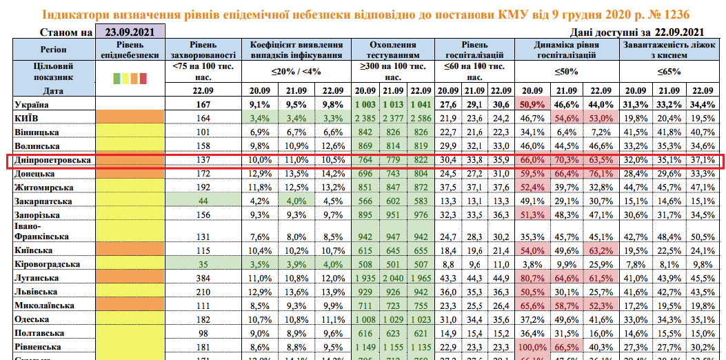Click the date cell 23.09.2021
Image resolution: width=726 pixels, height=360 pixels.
point(130,32)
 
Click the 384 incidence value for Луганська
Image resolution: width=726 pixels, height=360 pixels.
point(202,277)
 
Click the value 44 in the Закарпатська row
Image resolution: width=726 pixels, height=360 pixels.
point(202,201)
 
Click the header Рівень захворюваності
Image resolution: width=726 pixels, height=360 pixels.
point(202,49)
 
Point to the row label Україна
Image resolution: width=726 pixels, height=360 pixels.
point(32,104)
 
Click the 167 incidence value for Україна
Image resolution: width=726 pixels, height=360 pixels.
point(202,104)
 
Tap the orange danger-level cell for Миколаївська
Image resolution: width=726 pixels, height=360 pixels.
point(131,305)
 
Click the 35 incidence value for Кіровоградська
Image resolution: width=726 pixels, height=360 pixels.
point(202,263)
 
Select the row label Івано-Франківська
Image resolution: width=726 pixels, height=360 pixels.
point(41,231)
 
